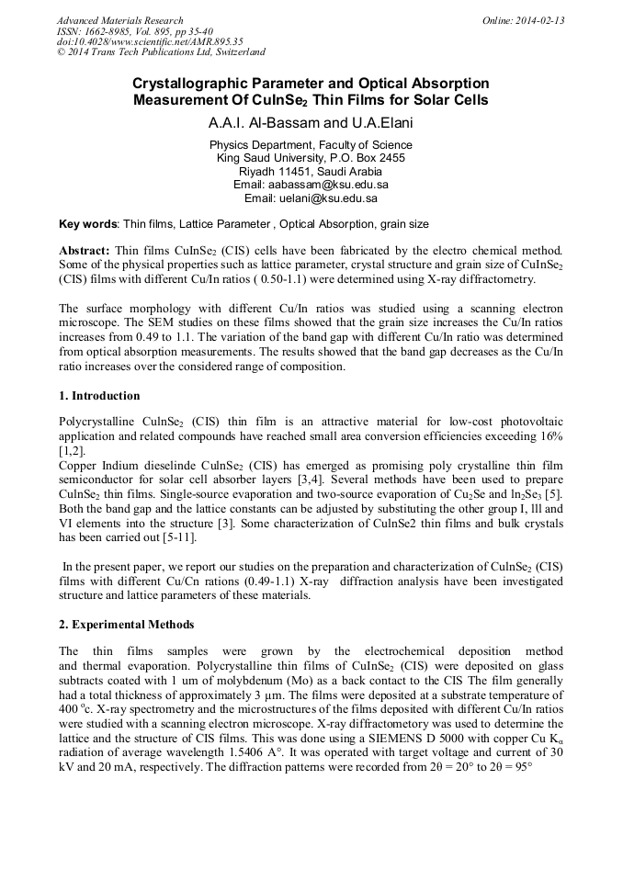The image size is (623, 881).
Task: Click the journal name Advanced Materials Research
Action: [x=119, y=20]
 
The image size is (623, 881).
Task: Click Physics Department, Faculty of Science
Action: [x=311, y=144]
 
